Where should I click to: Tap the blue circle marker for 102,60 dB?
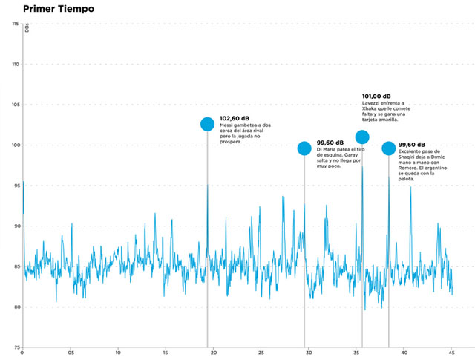pos(208,124)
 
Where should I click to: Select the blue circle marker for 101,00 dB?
pos(362,137)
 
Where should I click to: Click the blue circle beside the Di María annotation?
pos(304,148)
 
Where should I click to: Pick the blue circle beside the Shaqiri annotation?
pos(388,148)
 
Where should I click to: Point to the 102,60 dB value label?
pos(235,119)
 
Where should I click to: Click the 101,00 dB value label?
pos(376,96)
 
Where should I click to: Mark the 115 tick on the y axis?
pos(15,24)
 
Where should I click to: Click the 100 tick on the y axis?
pos(15,145)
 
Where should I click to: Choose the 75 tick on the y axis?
pos(15,347)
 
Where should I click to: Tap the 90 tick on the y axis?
pos(15,226)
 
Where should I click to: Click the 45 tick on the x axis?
pos(451,352)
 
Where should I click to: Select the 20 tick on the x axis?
pos(213,352)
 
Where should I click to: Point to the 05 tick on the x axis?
pos(71,352)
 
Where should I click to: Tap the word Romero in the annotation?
pos(408,168)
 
